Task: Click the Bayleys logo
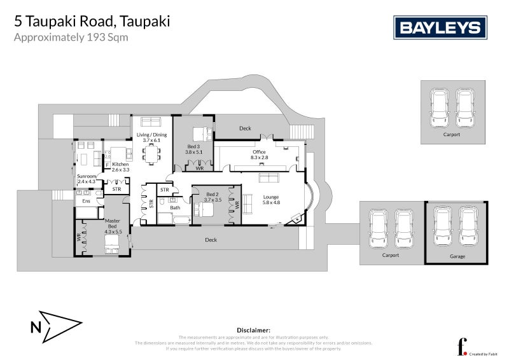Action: click(440, 28)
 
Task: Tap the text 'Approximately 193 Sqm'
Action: click(71, 37)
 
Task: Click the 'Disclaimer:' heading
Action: click(253, 330)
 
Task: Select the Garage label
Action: click(457, 256)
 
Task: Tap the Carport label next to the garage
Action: click(390, 255)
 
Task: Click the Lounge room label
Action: click(272, 200)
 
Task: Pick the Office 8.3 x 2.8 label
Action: click(259, 155)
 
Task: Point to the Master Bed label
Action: click(112, 225)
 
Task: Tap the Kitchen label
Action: click(120, 167)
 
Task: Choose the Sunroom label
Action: click(86, 179)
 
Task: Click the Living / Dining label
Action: click(151, 137)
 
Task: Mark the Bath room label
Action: click(175, 207)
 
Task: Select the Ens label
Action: click(87, 202)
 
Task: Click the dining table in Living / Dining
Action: click(151, 153)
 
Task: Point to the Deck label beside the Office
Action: click(245, 128)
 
